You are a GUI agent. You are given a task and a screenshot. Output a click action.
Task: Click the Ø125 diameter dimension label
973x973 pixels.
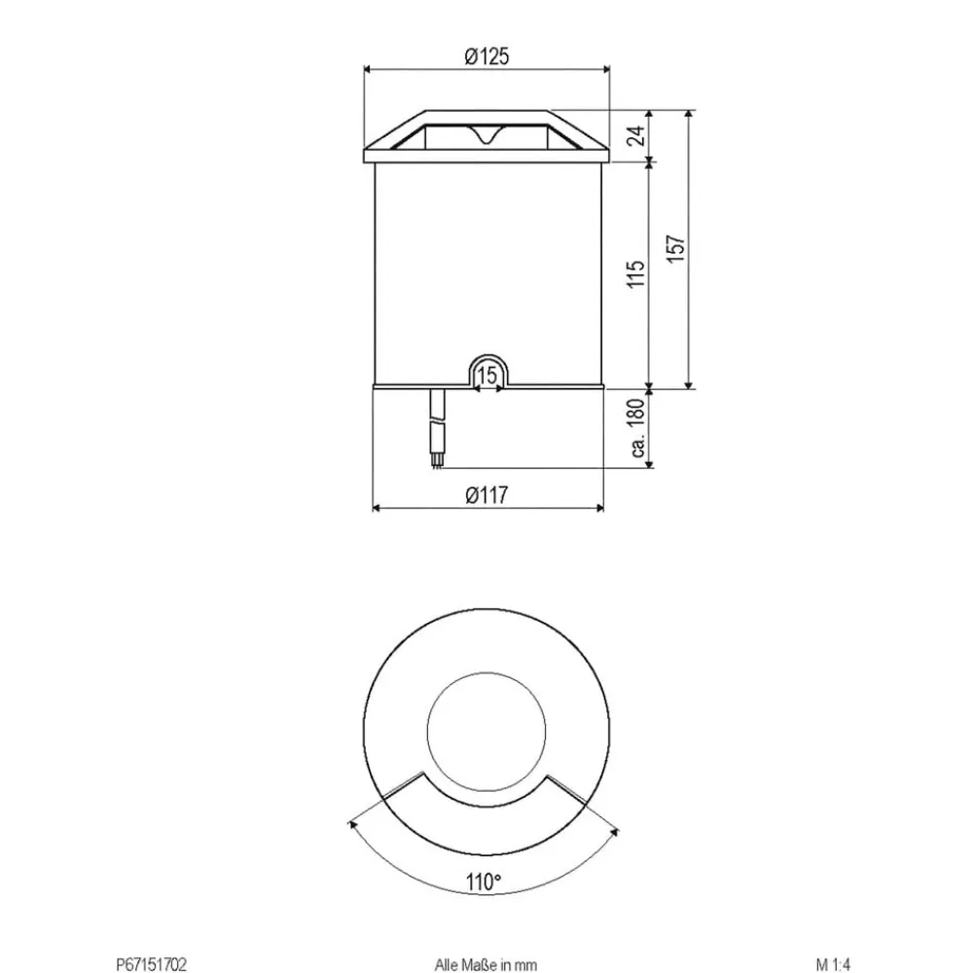(486, 56)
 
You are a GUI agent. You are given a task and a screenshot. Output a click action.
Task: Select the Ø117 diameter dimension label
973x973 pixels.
(486, 494)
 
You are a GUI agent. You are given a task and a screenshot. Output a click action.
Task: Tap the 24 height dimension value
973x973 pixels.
(635, 134)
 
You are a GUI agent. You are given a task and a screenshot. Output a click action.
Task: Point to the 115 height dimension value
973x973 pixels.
(635, 273)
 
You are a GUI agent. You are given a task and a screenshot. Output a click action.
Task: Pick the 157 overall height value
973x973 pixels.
(676, 248)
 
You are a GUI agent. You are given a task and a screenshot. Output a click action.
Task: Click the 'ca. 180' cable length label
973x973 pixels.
(636, 428)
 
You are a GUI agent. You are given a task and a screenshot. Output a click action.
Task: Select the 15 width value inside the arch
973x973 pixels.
(487, 376)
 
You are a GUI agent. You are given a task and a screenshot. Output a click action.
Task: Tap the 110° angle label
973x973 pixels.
(484, 882)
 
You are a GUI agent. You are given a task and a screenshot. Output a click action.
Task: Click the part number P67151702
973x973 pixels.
(151, 964)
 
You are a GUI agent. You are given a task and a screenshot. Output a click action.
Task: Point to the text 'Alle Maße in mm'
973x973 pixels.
(486, 964)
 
